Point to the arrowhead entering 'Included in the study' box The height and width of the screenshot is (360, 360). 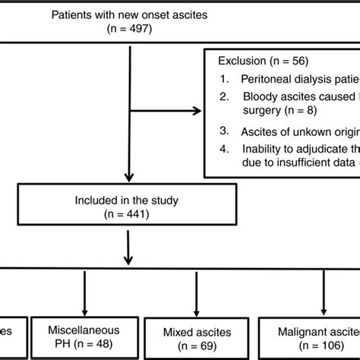coord(133,182)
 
